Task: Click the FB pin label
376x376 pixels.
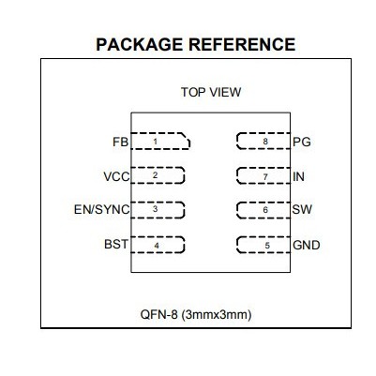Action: (119, 143)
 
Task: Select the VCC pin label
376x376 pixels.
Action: (116, 176)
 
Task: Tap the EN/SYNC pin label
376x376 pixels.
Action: (101, 209)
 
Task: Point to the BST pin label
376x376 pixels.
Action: (115, 245)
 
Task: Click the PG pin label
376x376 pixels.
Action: (301, 143)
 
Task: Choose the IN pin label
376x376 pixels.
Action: (299, 176)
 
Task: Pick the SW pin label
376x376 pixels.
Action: (302, 210)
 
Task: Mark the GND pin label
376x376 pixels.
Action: (307, 245)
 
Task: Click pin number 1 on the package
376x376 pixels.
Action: (155, 142)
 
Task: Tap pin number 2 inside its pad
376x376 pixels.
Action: (155, 175)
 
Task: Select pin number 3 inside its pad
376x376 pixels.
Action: (155, 209)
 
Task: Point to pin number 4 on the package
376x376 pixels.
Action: (156, 245)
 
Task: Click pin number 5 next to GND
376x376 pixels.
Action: (266, 245)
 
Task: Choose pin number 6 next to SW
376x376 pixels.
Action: (266, 210)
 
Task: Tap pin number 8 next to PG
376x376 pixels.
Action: (266, 142)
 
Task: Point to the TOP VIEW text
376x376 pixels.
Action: (210, 92)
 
